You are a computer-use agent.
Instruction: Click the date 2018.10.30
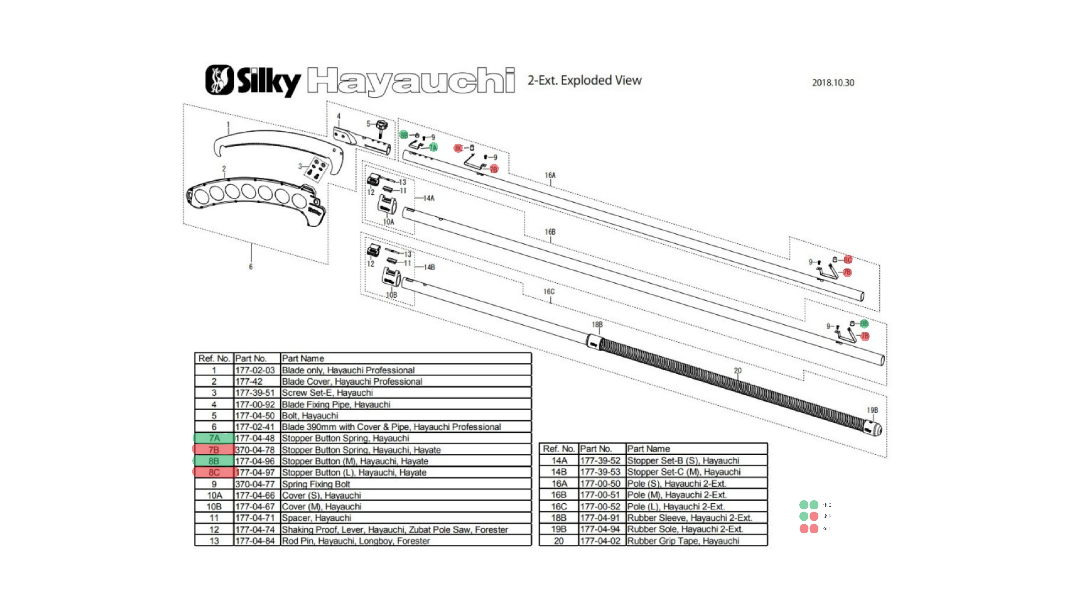(x=833, y=83)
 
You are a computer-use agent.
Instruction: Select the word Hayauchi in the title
(x=411, y=81)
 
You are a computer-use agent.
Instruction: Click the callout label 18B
(x=597, y=324)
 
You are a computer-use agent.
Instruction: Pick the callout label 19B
(x=872, y=410)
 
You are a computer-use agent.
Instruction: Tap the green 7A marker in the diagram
(x=433, y=148)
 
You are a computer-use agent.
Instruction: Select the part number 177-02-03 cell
(x=255, y=370)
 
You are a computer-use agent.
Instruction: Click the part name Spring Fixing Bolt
(x=316, y=484)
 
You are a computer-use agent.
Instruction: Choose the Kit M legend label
(x=827, y=516)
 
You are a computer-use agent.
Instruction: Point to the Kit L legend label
(x=826, y=528)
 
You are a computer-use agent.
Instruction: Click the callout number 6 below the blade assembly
(x=251, y=267)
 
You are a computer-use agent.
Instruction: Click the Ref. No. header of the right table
(x=558, y=449)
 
